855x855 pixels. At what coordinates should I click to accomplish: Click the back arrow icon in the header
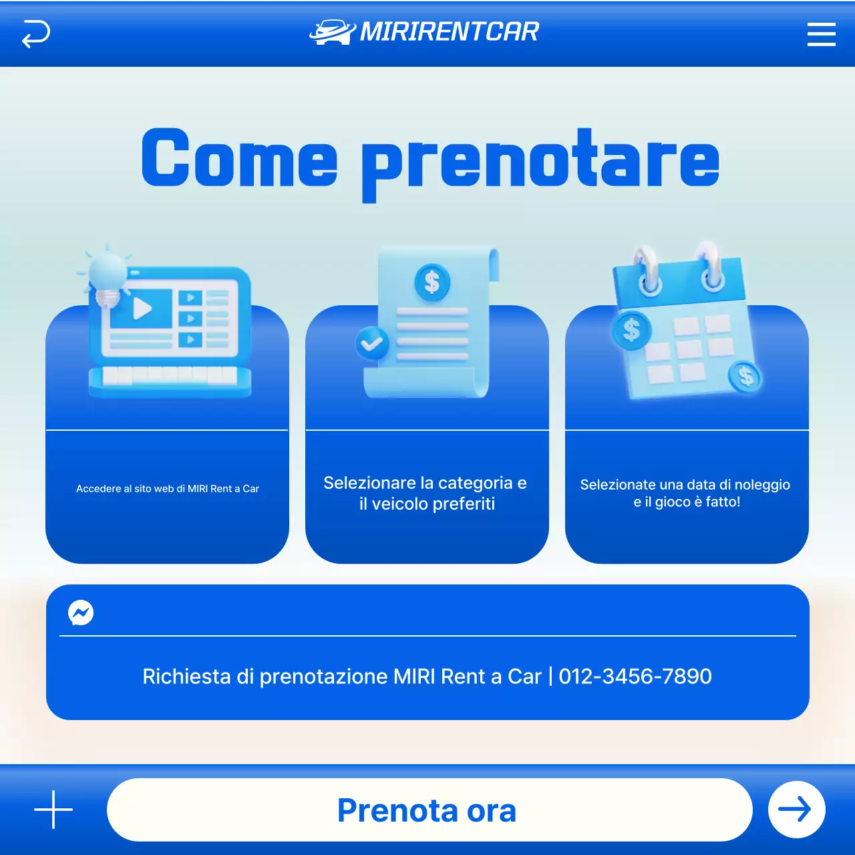(x=36, y=33)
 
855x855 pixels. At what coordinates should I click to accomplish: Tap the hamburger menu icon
(x=821, y=34)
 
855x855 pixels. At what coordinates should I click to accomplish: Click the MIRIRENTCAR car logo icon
(x=332, y=32)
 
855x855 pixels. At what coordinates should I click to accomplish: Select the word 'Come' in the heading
(x=239, y=159)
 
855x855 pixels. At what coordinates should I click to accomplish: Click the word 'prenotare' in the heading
(x=540, y=162)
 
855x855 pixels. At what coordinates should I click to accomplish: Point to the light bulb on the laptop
(x=107, y=275)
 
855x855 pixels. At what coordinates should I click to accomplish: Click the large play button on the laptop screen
(x=142, y=309)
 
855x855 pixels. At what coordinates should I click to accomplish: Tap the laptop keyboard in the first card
(x=170, y=375)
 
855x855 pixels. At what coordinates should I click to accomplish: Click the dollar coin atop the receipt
(x=432, y=283)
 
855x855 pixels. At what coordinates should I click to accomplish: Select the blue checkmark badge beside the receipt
(x=372, y=343)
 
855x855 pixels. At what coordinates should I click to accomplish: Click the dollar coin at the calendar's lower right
(x=746, y=377)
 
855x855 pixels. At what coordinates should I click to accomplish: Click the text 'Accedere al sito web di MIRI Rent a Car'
(x=167, y=489)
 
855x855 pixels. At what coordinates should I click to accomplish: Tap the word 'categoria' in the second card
(x=475, y=483)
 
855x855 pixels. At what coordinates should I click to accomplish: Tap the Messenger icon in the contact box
(x=81, y=612)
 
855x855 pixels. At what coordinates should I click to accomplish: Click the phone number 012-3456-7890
(x=635, y=677)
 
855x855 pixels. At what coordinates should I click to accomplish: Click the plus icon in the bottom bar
(x=53, y=810)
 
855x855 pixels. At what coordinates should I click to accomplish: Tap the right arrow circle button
(x=796, y=810)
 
